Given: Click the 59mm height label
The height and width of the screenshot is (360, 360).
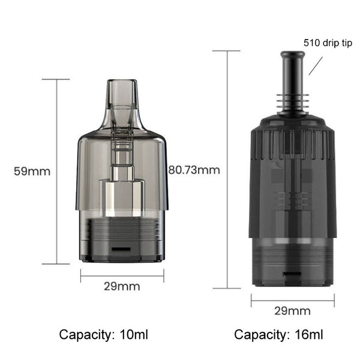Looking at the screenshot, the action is pyautogui.click(x=32, y=172).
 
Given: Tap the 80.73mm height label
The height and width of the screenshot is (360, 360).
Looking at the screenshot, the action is pyautogui.click(x=194, y=170).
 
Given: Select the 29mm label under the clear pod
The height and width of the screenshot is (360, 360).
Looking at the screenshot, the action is pyautogui.click(x=122, y=287).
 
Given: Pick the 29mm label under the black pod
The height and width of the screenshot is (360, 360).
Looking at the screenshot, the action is pyautogui.click(x=293, y=311).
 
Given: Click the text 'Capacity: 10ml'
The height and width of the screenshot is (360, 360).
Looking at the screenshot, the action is pyautogui.click(x=104, y=335).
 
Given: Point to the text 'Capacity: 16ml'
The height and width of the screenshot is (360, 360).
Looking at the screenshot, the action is pyautogui.click(x=278, y=335).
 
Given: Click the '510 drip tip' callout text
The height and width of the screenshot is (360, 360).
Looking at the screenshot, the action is pyautogui.click(x=328, y=43).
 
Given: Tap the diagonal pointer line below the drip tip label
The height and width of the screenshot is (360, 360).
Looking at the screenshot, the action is pyautogui.click(x=316, y=66).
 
